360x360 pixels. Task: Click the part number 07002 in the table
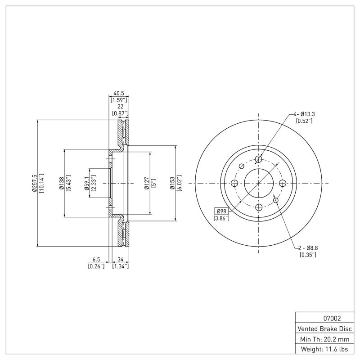coord(326,318)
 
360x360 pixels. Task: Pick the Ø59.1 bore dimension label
coord(86,184)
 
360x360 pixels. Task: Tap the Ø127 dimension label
coord(147,184)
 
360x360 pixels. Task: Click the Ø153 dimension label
coord(172,184)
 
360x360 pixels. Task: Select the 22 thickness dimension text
coord(120,107)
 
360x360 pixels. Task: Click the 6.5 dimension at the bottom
coord(96,260)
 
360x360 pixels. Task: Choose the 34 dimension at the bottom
coord(120,260)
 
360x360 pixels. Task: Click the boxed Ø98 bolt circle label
coord(221,211)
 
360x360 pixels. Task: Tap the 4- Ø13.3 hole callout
coord(304,114)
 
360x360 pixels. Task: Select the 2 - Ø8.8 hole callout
coord(308,248)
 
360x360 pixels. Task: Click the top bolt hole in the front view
coord(258,159)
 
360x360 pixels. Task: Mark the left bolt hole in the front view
coord(234,183)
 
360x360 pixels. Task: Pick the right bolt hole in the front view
coord(283,183)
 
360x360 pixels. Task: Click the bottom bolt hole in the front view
coord(258,207)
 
